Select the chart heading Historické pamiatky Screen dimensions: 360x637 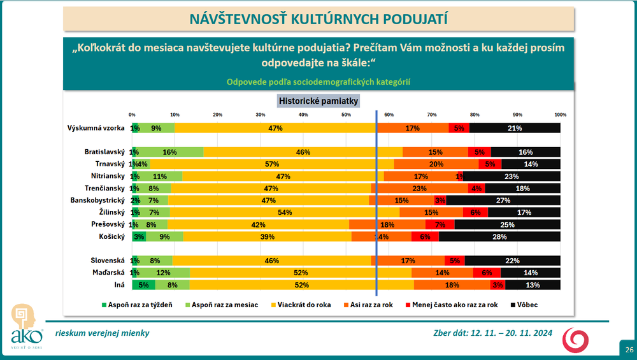click(x=319, y=100)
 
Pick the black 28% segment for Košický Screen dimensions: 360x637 click(x=499, y=236)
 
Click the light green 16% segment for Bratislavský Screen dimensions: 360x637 click(x=169, y=152)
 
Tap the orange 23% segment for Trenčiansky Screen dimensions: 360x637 click(x=419, y=189)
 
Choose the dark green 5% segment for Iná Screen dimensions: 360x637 click(x=143, y=285)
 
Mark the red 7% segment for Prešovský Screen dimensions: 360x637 click(x=440, y=224)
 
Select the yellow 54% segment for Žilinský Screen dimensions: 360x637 click(x=284, y=212)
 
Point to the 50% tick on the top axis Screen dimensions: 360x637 click(x=346, y=115)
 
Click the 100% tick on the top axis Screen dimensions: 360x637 click(x=560, y=115)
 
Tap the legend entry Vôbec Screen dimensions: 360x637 click(x=524, y=305)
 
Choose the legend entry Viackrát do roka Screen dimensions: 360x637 click(x=304, y=305)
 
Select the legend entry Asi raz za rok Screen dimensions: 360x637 click(x=369, y=305)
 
